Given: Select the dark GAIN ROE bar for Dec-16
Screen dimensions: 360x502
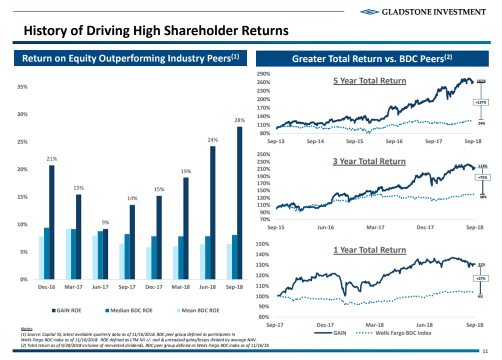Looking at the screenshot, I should coord(52,222).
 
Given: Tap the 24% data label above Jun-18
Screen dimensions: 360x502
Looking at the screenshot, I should coord(213,140).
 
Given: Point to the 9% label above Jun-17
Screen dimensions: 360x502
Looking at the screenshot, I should coord(105,222).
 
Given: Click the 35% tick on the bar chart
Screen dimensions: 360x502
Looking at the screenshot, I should coord(22,86).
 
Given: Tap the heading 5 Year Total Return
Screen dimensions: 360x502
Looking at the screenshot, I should coord(370,80).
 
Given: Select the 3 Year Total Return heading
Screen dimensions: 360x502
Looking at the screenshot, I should coord(370,161).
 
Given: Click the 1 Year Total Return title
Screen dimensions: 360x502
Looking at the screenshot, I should coord(370,250).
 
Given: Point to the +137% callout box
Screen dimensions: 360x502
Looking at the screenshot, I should coord(480,102).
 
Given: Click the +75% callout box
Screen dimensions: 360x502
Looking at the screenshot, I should coord(482,177).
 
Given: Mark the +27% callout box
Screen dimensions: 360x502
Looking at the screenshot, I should coord(481,278).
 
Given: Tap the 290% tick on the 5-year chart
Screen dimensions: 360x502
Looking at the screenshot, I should coord(263,74).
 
